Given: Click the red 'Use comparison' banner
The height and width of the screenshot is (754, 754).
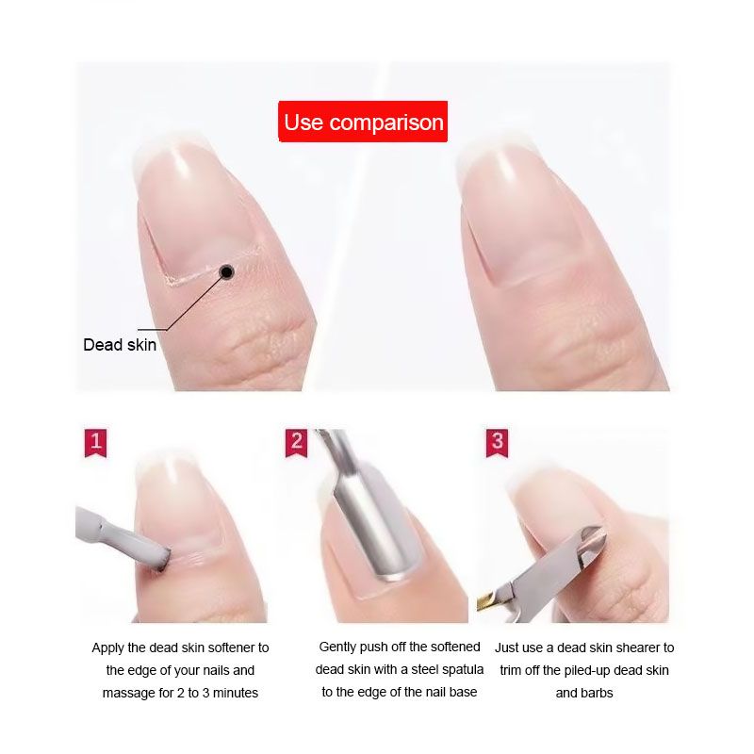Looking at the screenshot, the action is coord(363,122).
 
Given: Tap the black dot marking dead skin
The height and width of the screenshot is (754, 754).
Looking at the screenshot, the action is coord(226,272).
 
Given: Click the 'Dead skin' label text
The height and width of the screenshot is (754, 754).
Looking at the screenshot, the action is coord(120,345).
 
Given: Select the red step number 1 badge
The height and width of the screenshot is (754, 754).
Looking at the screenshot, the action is coord(96,442).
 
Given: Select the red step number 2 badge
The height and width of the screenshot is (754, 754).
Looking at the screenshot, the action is coord(296,442).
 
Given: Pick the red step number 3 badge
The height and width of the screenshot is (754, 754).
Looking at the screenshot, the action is coord(498,442).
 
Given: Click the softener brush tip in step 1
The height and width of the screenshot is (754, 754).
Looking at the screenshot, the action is coord(161,560).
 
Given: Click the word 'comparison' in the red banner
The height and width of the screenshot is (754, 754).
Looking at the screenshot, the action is coord(386,123).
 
